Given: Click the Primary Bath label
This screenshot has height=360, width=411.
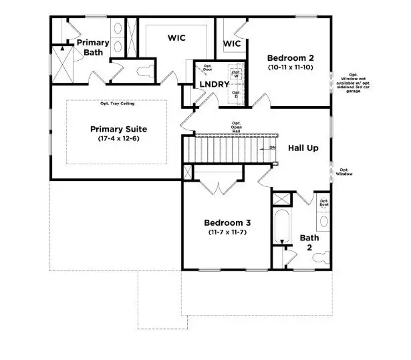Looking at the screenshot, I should coord(92,47).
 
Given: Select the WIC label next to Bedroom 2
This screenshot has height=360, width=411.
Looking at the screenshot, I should coord(231,44).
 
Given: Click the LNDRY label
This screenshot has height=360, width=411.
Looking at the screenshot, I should coord(215,85).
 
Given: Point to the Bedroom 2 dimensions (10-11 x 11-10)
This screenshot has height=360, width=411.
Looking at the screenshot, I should coord(289,67).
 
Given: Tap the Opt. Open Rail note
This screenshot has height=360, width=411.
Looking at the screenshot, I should coord(236,127).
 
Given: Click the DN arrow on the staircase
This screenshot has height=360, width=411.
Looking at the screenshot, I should coord(272,147).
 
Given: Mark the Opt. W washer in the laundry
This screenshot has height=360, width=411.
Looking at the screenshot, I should coord(236,74).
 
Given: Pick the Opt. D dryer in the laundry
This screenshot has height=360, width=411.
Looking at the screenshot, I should coord(236,94).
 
